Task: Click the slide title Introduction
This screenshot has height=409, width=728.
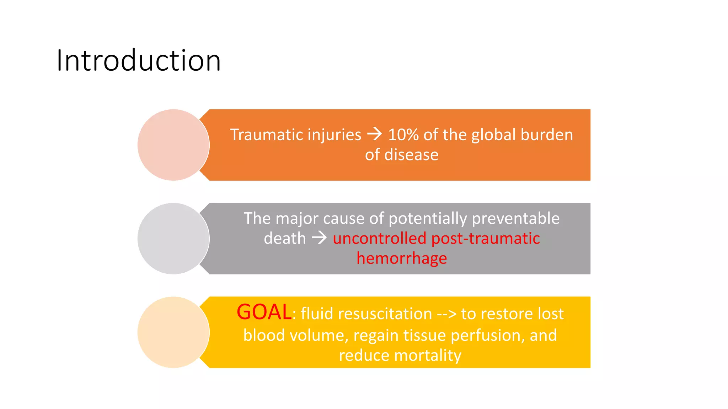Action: (x=139, y=61)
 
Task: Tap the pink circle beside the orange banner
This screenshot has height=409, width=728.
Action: (x=173, y=145)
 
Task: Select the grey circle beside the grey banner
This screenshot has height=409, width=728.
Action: (x=173, y=239)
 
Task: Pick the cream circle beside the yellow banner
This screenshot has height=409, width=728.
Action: (x=173, y=332)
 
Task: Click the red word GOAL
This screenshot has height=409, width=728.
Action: (x=264, y=312)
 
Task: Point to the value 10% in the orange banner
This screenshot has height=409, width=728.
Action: (x=403, y=135)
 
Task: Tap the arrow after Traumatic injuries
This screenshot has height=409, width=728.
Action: (x=374, y=134)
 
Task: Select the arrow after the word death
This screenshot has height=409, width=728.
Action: (x=319, y=238)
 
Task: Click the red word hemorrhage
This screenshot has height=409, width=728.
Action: (x=402, y=258)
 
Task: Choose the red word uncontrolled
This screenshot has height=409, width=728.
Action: (x=379, y=238)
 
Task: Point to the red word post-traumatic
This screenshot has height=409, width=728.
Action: (x=486, y=238)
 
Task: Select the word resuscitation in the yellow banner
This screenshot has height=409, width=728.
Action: (x=385, y=314)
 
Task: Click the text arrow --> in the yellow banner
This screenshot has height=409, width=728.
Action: (x=446, y=314)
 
